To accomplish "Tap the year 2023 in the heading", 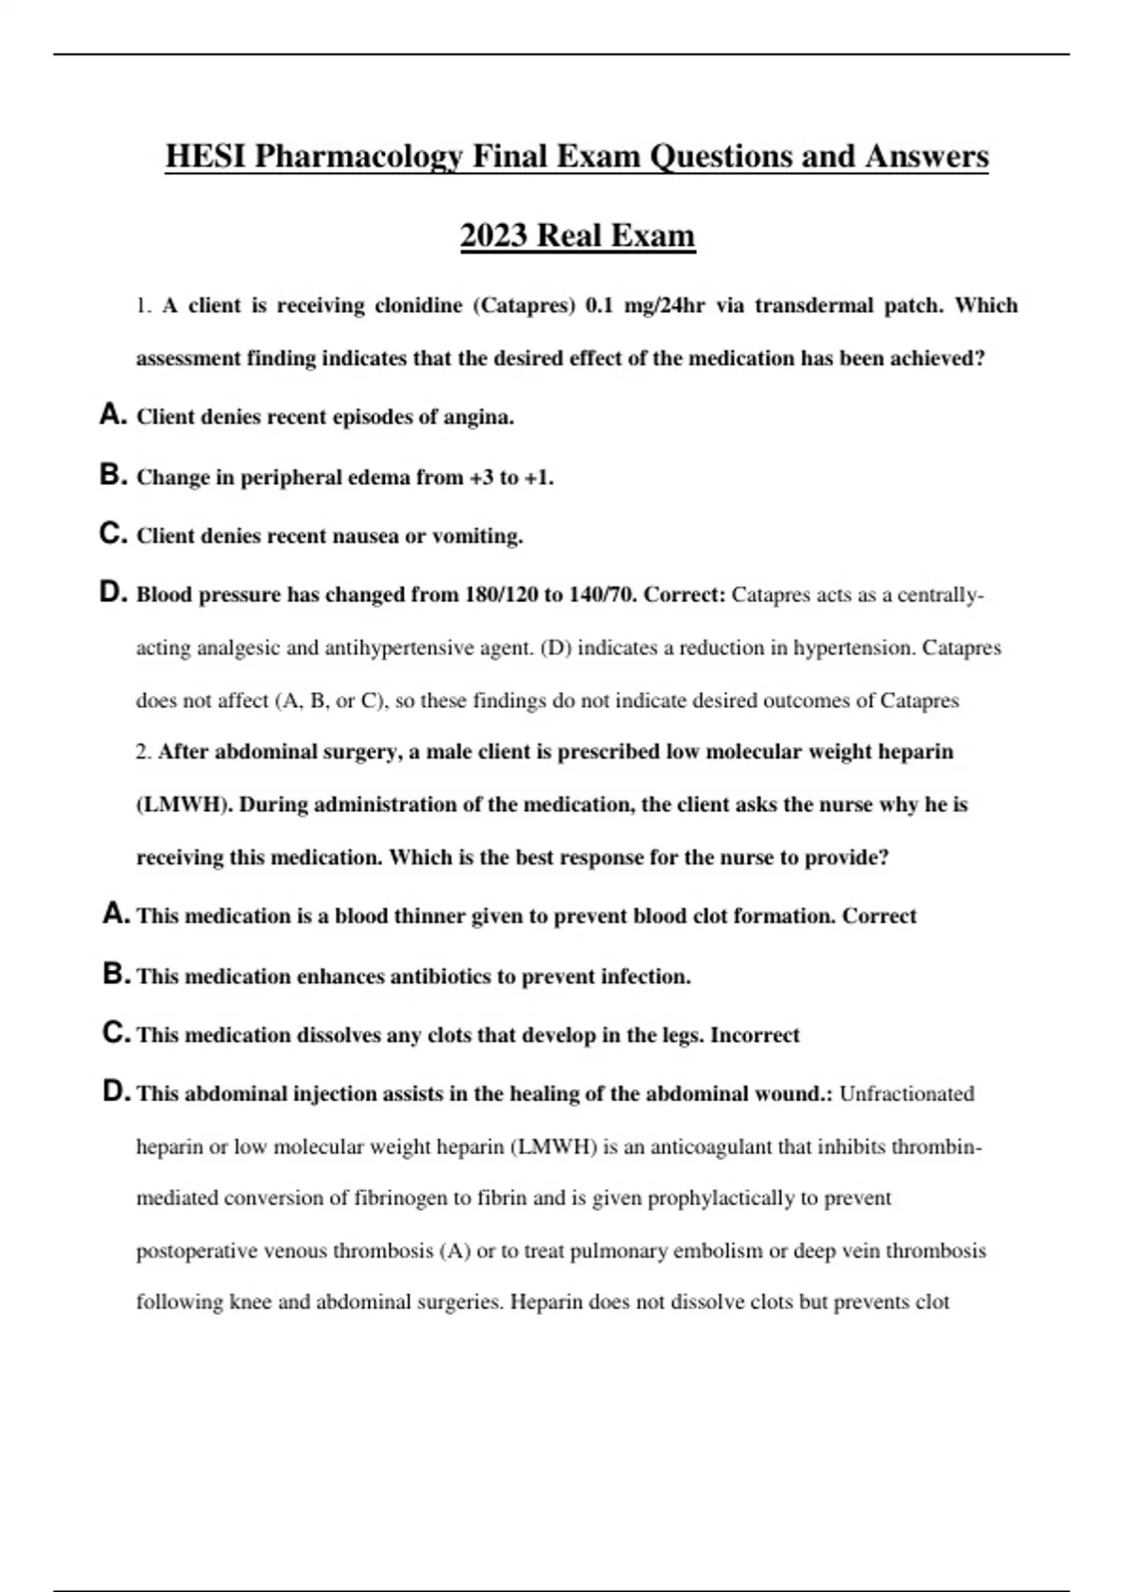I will pos(494,235).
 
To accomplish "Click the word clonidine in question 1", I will pos(418,305).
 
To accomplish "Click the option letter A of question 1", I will pos(111,415).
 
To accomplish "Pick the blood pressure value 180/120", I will pos(500,595).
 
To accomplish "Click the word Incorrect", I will pos(755,1036).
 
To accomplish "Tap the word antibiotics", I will pos(439,977).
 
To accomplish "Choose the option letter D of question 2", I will pos(115,1092).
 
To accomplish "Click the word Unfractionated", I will pos(907,1094).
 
